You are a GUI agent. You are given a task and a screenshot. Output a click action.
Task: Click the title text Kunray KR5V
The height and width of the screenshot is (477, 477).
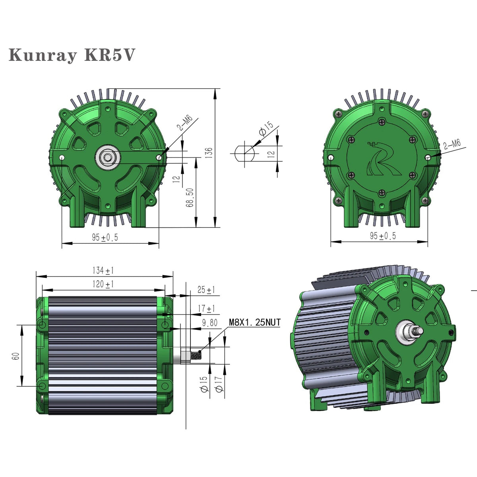pos(72,55)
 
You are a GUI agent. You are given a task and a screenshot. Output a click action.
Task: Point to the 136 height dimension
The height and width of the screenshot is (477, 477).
pos(209,153)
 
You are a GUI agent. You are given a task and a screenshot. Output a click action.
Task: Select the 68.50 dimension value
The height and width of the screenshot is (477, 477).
pos(191,198)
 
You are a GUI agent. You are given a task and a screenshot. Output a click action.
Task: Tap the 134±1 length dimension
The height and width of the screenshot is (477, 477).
pos(103,271)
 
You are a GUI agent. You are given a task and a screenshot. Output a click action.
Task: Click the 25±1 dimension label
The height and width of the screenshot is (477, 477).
pos(206,290)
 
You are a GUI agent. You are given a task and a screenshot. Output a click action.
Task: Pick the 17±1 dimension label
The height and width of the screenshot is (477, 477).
pos(206,308)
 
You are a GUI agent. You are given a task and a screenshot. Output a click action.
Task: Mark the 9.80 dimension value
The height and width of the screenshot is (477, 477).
pos(209,323)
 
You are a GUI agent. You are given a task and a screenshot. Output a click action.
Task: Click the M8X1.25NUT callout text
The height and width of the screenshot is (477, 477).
pos(254,322)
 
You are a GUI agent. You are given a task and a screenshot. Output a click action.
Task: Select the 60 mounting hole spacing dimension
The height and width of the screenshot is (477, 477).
pos(16,355)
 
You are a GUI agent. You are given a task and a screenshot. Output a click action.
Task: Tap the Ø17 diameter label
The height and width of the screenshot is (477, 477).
pos(218,384)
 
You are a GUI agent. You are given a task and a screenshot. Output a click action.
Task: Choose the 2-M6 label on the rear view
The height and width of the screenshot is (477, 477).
pos(452,144)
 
